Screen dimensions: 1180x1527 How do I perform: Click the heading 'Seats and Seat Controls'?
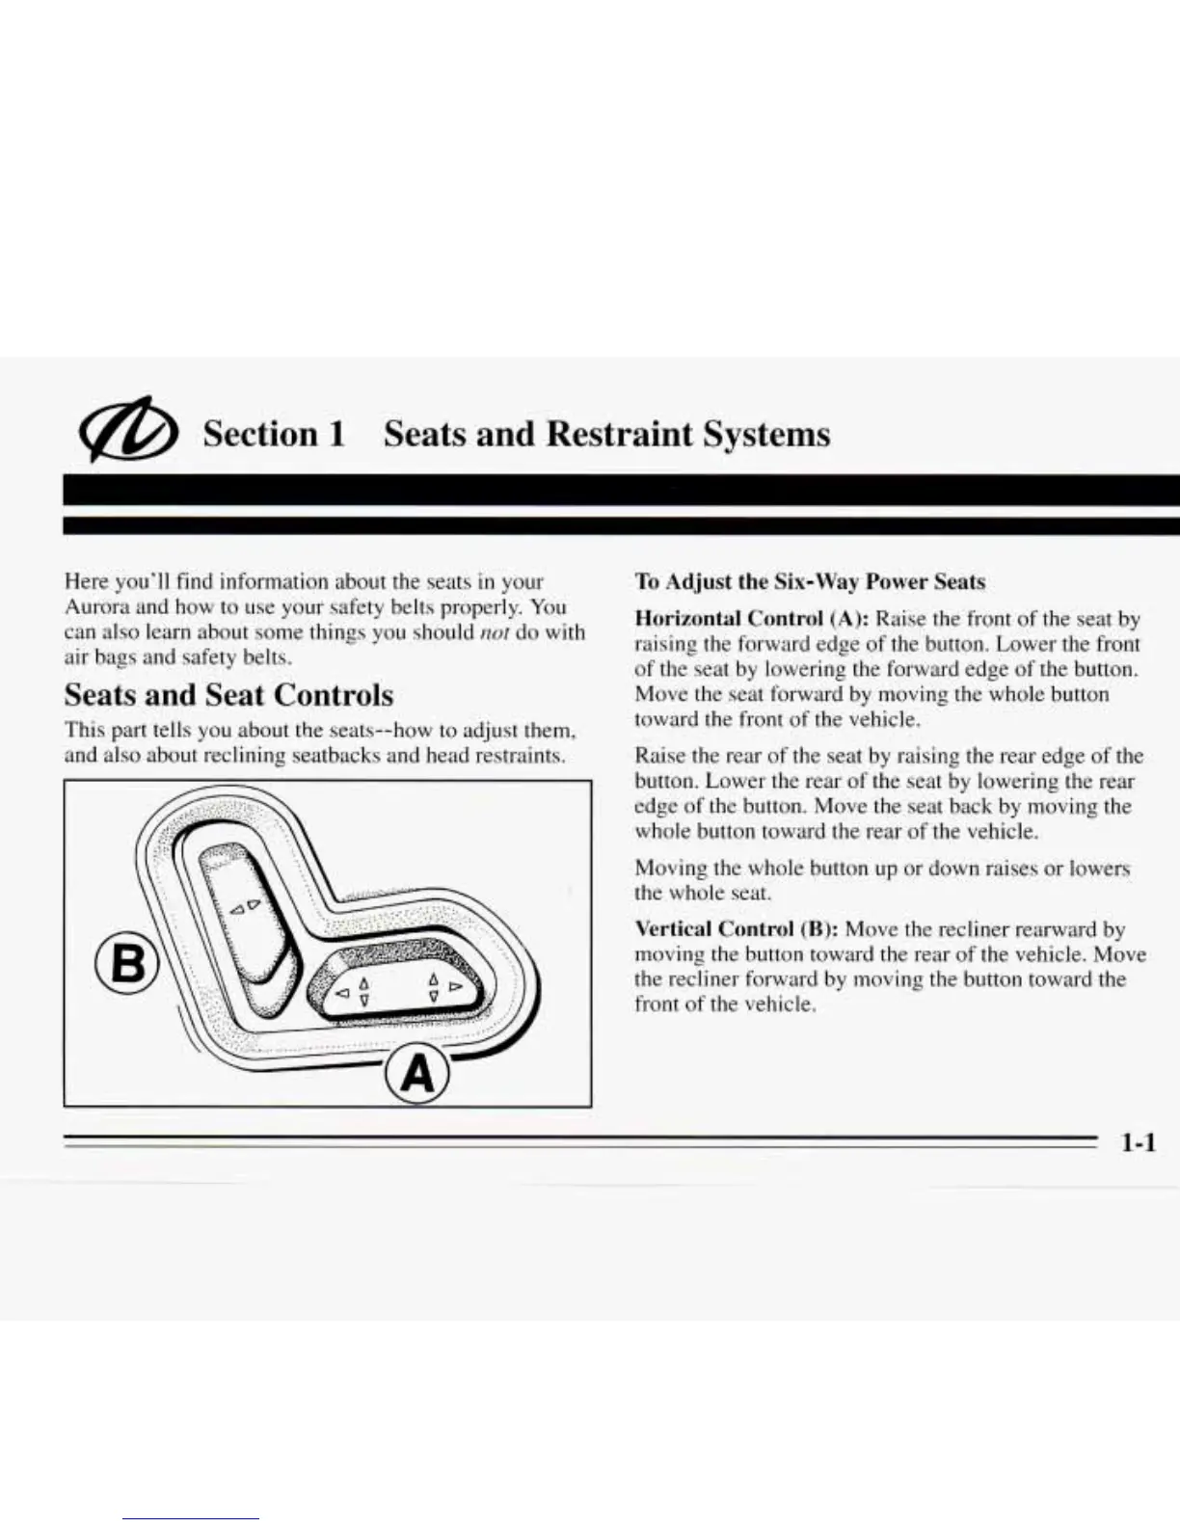click(x=228, y=695)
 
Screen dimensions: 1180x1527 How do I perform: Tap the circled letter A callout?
click(x=417, y=1074)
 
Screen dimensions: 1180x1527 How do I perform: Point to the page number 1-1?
click(x=1138, y=1143)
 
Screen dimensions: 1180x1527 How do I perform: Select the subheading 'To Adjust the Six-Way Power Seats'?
click(x=810, y=581)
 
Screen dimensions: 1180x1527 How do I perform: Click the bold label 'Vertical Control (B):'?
click(x=737, y=929)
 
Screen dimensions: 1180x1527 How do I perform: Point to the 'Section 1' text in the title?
click(x=274, y=434)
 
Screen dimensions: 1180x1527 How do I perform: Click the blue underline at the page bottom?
click(x=190, y=1518)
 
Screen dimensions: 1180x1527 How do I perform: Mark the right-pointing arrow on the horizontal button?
click(x=456, y=987)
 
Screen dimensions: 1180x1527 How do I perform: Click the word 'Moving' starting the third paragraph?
click(x=670, y=868)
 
